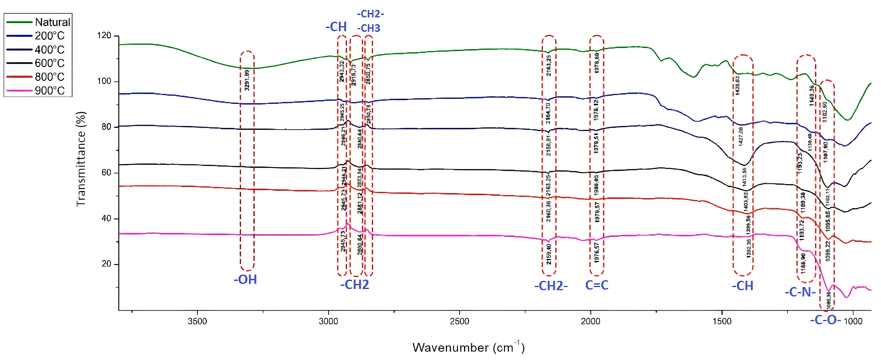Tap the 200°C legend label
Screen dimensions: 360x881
[x=50, y=36]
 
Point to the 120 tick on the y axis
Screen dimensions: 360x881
[x=104, y=36]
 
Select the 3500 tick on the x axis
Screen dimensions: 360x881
[x=197, y=321]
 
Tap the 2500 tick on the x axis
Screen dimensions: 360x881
[x=459, y=321]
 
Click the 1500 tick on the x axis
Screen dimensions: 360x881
[x=722, y=321]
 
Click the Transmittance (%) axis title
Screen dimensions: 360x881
[x=81, y=159]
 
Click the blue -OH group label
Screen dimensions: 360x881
[x=245, y=280]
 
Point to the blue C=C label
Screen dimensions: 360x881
[x=597, y=285]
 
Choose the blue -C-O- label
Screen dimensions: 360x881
[x=825, y=320]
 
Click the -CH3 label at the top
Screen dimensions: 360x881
[x=369, y=28]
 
